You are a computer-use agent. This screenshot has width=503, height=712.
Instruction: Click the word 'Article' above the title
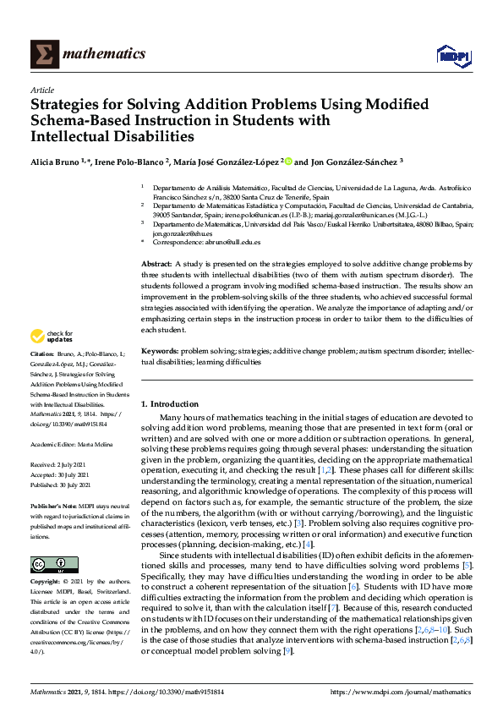click(x=41, y=90)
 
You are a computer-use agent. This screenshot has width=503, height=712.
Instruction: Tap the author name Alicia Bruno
click(x=54, y=161)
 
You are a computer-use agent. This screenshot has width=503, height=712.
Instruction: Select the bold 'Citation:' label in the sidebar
click(x=42, y=376)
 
